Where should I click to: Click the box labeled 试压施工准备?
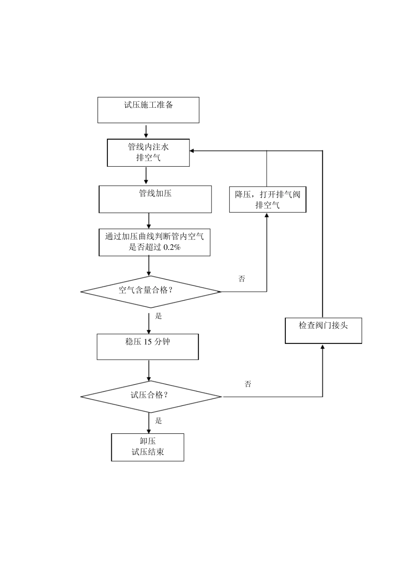coord(148,110)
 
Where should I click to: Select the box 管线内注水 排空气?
coord(148,153)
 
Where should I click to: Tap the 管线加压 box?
coord(155,199)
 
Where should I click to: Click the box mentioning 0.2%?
coord(155,242)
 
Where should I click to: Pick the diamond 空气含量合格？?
coord(151,292)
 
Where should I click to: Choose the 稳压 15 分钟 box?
coord(148,346)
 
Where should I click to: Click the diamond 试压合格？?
coord(151,396)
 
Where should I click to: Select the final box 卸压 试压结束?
coord(148,447)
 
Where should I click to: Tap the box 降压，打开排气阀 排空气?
coord(268,199)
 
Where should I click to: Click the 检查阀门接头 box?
coord(323,330)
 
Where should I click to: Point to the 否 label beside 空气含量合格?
coord(242,279)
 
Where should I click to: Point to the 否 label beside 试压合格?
coord(248,384)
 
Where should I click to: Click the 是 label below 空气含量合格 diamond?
coord(158,316)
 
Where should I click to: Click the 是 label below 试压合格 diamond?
coord(158,421)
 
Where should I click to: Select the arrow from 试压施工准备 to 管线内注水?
coord(146,131)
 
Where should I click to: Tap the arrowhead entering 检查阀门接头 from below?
coord(323,347)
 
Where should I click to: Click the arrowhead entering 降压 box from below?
coord(267,216)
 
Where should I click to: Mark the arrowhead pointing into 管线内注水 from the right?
coord(192,151)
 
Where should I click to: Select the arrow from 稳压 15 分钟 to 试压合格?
coord(149,370)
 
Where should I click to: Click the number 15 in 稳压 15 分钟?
coord(148,342)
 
